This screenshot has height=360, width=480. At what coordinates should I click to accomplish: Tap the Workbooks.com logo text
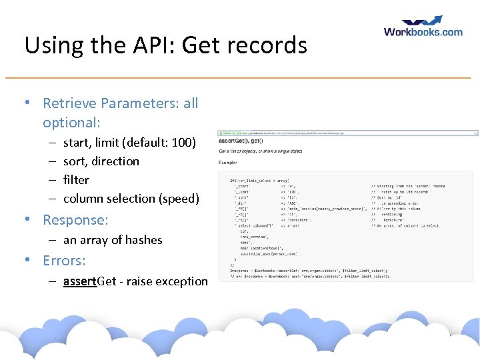(x=423, y=31)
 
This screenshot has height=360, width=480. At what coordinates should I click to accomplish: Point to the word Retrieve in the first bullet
(x=69, y=103)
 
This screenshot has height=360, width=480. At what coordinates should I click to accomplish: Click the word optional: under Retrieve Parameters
(x=71, y=123)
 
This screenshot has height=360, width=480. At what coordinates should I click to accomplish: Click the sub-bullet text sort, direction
(x=101, y=161)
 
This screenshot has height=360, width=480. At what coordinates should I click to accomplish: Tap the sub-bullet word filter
(x=76, y=179)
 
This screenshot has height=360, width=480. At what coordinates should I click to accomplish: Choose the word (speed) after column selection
(x=178, y=198)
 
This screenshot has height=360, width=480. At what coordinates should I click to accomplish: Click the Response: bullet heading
(x=75, y=220)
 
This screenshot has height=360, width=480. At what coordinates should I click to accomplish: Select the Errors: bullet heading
(x=64, y=261)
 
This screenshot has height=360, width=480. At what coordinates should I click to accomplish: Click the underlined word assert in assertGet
(x=80, y=281)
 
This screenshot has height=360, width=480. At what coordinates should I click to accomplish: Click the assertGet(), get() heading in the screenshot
(x=241, y=141)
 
